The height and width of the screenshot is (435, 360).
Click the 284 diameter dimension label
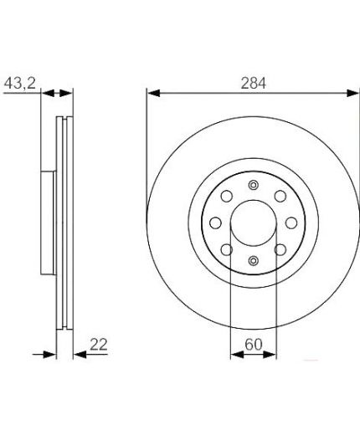[254, 83]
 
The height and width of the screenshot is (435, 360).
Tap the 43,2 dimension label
[20, 83]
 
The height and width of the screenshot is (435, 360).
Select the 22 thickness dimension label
[99, 345]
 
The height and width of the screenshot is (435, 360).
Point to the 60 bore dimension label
[254, 345]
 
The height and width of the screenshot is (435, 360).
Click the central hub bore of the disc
[254, 223]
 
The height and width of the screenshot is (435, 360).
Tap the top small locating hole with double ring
[253, 185]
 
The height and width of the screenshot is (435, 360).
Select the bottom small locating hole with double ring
[253, 261]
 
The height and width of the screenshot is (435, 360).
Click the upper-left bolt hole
[227, 196]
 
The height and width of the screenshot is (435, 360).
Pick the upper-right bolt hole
[280, 196]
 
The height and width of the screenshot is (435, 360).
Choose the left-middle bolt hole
[215, 223]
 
